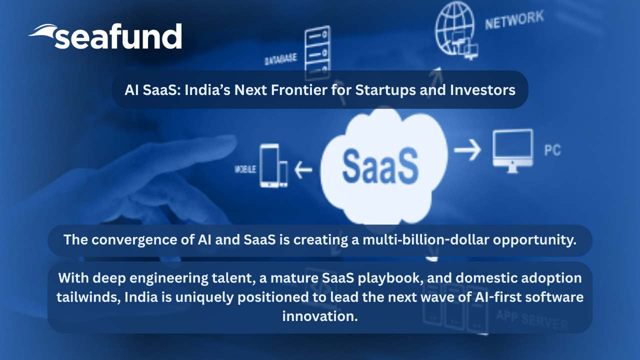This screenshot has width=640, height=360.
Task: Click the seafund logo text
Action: coord(118,36)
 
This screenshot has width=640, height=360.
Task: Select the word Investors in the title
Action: coord(482,90)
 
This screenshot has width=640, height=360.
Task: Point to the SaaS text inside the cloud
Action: coord(380,166)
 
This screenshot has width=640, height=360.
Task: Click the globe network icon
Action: coord(455,30)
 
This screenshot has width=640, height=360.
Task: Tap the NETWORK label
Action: coord(514,20)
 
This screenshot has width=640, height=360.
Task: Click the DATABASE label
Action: coord(281,59)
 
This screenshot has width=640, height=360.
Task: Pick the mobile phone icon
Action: coord(273,165)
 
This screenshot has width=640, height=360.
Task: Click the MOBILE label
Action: coord(245,169)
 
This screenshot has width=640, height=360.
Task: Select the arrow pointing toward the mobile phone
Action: coord(303,169)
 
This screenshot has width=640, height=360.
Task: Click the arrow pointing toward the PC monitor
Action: coord(467,149)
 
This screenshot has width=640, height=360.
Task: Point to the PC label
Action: coord(552,150)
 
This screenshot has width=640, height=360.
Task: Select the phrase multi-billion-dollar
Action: coord(425,239)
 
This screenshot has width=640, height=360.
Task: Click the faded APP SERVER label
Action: coord(532,319)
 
